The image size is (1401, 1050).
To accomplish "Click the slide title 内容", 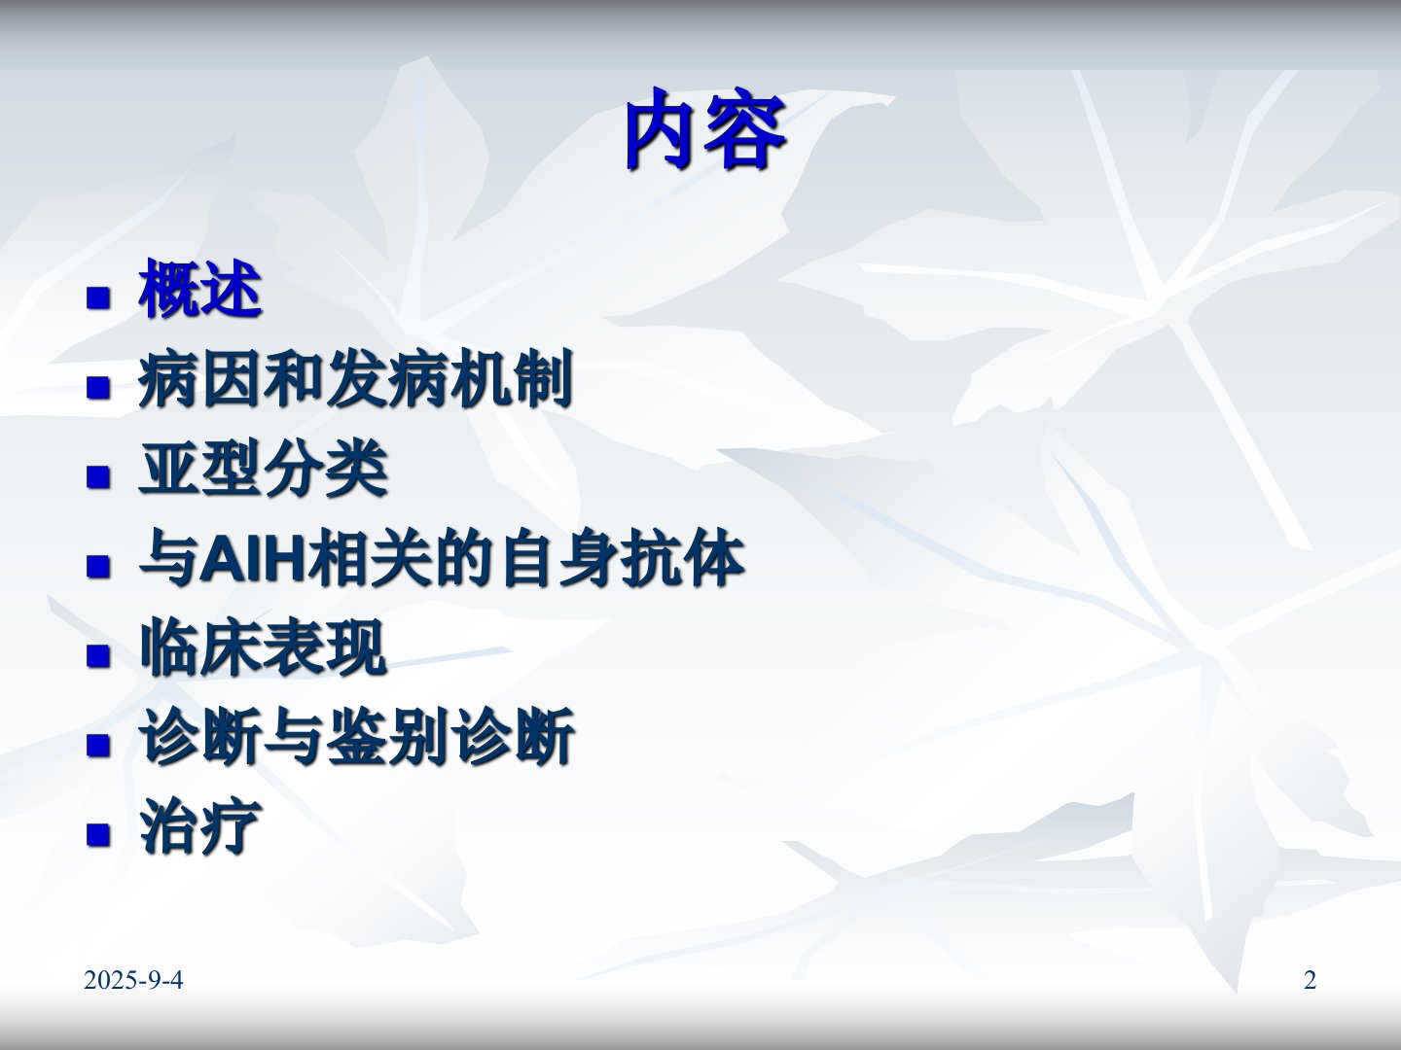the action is (x=705, y=130).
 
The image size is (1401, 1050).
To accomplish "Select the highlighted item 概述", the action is (x=200, y=289).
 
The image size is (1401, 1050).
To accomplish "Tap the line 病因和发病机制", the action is (x=355, y=379).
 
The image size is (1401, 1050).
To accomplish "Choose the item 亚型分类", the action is (x=264, y=469).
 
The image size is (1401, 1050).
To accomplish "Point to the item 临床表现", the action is (x=264, y=647).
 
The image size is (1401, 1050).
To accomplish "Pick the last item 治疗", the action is (x=200, y=826).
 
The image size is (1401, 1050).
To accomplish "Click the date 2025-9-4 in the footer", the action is (x=133, y=980).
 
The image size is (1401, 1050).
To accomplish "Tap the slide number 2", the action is (x=1310, y=980).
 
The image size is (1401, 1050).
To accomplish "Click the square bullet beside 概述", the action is (x=98, y=297).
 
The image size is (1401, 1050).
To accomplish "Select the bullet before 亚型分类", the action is (x=98, y=476).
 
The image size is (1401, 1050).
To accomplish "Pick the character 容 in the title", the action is (x=747, y=130).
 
